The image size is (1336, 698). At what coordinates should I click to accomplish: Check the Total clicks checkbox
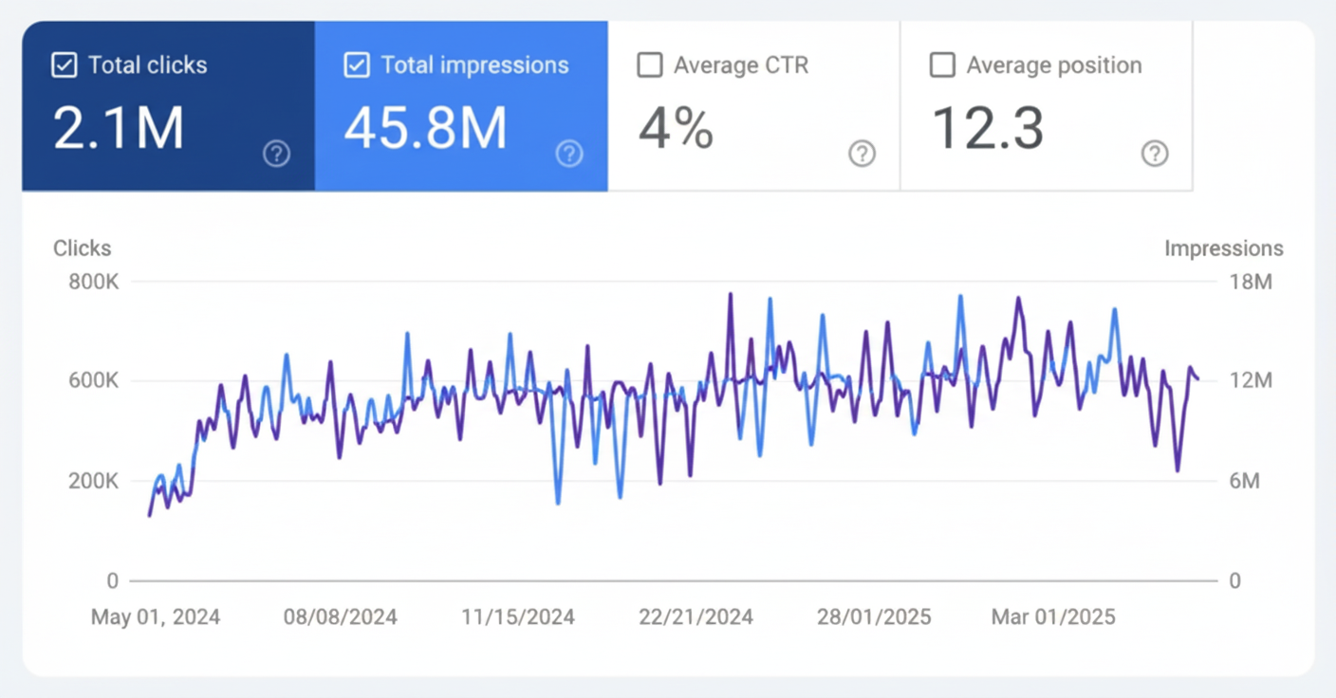click(x=64, y=65)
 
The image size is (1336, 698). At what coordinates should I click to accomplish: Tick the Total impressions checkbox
click(x=357, y=65)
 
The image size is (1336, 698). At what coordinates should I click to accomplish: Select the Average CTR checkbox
click(x=649, y=65)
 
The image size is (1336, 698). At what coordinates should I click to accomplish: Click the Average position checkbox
click(x=942, y=65)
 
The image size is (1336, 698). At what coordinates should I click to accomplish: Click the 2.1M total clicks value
click(x=118, y=128)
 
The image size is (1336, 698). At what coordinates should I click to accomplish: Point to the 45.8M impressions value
click(x=425, y=128)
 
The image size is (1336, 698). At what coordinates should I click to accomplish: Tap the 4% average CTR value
click(x=675, y=128)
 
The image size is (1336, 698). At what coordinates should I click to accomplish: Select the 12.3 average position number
click(x=987, y=128)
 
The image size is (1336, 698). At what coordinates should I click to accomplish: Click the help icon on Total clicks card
click(x=276, y=154)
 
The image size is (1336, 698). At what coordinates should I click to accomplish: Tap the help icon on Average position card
click(x=1154, y=154)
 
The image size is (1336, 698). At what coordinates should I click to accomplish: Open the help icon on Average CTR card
click(x=862, y=154)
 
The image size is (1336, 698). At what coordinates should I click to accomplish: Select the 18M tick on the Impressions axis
click(x=1250, y=282)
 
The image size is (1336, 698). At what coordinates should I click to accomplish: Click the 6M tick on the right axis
click(x=1244, y=481)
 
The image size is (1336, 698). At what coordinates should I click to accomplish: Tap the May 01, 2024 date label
click(x=156, y=617)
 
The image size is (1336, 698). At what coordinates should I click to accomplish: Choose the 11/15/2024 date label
click(x=518, y=617)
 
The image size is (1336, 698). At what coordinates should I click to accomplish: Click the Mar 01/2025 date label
click(x=1053, y=617)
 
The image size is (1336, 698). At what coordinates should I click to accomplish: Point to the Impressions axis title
click(x=1223, y=248)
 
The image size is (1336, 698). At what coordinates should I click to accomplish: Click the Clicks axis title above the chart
click(x=82, y=248)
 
